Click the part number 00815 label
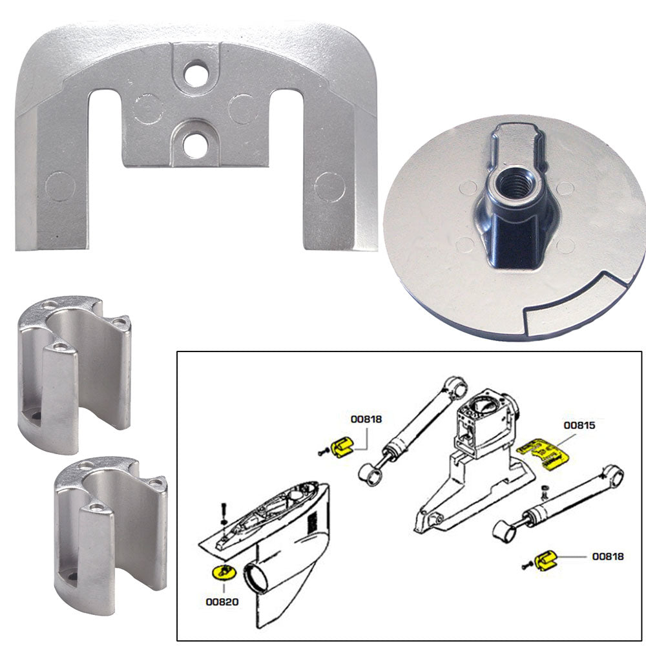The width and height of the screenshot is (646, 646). [x=579, y=426]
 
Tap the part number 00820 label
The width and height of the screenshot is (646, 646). [x=223, y=601]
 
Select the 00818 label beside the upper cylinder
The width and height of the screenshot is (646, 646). [x=366, y=419]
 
